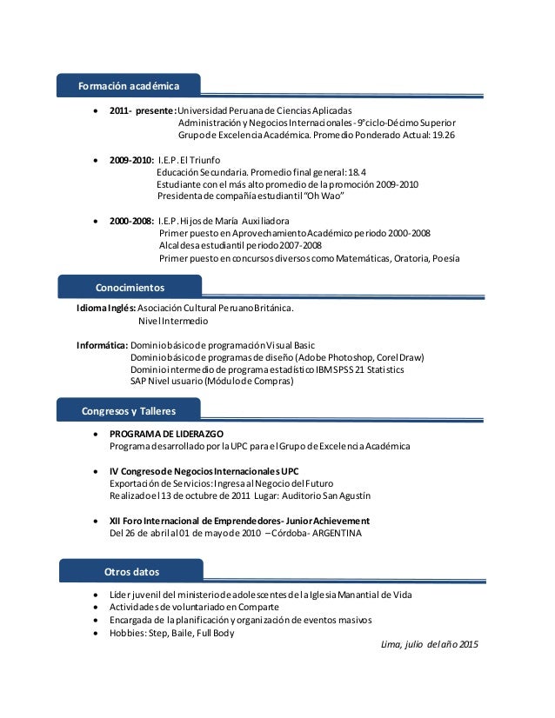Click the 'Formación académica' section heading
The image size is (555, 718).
pos(129,86)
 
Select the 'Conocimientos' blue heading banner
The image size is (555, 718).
pos(129,287)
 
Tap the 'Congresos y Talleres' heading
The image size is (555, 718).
pos(129,410)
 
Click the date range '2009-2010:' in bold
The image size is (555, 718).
pos(131,160)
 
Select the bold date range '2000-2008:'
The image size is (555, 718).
pos(131,221)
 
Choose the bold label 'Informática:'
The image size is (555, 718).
pos(103,344)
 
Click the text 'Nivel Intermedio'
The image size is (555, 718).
pos(174,320)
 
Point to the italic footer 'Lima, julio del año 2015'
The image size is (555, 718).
pos(429,644)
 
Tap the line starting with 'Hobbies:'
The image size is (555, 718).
pos(171,633)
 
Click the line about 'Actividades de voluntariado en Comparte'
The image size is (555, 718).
pos(194,608)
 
